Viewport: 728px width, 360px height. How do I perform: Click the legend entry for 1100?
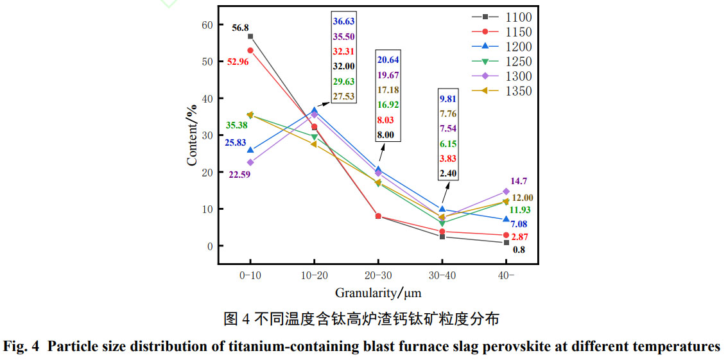tap(501, 17)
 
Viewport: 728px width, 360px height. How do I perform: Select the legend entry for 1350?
tap(501, 91)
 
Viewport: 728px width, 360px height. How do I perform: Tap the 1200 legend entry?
tap(501, 47)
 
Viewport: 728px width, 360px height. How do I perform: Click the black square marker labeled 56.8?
tap(250, 36)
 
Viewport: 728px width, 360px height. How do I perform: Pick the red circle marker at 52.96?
tap(250, 50)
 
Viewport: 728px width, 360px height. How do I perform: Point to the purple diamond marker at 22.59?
tap(250, 162)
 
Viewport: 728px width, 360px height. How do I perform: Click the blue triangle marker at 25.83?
tap(250, 150)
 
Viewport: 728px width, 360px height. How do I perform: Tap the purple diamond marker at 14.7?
tap(506, 191)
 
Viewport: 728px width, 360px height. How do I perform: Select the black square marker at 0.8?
tap(506, 243)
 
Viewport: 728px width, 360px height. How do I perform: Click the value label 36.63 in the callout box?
tap(343, 21)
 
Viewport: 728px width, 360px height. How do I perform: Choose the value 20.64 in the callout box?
tap(388, 60)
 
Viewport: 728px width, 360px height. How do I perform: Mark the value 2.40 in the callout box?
tap(448, 173)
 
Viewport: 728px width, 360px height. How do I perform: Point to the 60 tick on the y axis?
tap(207, 25)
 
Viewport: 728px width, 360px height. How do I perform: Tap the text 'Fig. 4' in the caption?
tap(21, 347)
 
